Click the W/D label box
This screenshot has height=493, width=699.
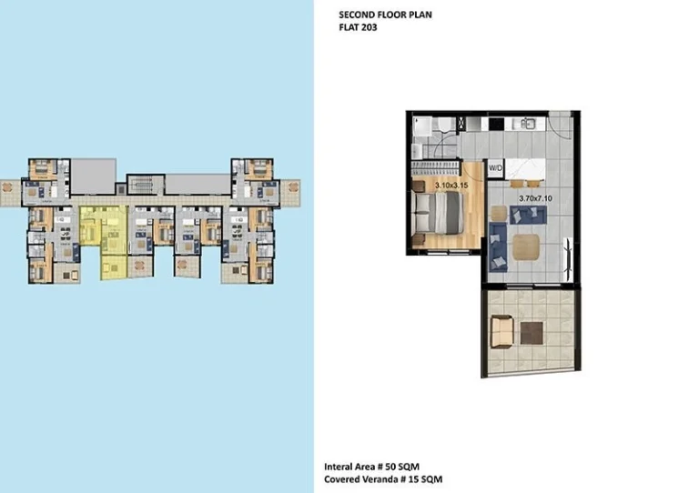pyautogui.click(x=496, y=168)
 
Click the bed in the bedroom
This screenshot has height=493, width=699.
pyautogui.click(x=437, y=216)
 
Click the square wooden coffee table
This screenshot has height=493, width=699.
pyautogui.click(x=526, y=247)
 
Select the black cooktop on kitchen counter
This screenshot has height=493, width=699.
pyautogui.click(x=498, y=122)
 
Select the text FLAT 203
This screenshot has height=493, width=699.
pyautogui.click(x=358, y=28)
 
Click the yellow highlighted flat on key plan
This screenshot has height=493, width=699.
pyautogui.click(x=102, y=232)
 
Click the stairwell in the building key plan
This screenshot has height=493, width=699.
pyautogui.click(x=140, y=186)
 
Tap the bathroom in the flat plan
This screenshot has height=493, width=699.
pyautogui.click(x=432, y=136)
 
